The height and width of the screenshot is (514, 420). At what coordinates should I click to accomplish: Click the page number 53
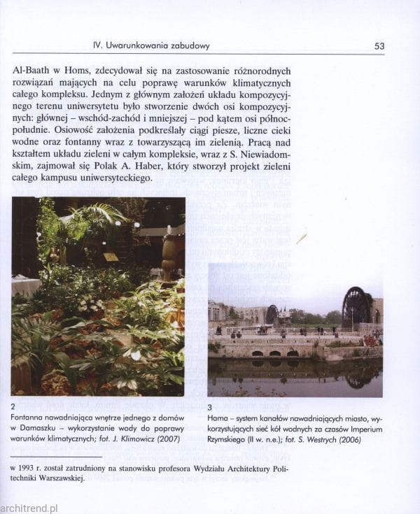[379, 46]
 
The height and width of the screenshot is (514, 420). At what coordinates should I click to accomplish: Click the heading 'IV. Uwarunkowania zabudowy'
[151, 46]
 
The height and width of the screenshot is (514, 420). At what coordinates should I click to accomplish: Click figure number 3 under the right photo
[209, 406]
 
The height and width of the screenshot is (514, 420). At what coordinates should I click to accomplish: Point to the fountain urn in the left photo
[169, 257]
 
